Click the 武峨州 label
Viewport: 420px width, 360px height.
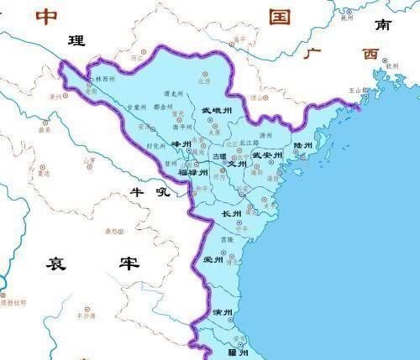216,110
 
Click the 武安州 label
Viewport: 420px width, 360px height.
265,155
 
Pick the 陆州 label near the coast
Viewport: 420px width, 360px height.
302,145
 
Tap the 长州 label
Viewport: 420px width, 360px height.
231,214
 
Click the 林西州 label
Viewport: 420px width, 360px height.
104,79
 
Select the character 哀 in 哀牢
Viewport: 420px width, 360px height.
56,263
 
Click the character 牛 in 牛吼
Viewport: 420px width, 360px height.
136,192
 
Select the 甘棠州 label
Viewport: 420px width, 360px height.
136,108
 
